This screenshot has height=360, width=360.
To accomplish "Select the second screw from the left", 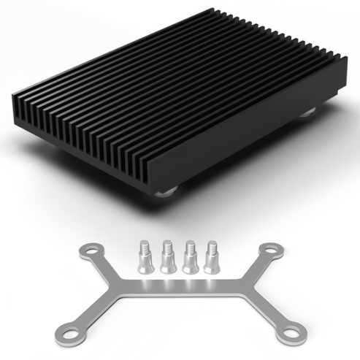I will pos(168,258).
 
